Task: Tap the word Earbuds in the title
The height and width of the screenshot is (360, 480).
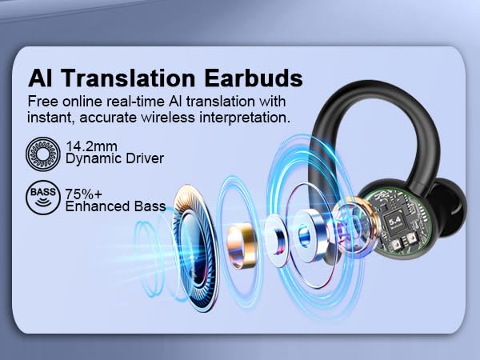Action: tap(257, 79)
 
